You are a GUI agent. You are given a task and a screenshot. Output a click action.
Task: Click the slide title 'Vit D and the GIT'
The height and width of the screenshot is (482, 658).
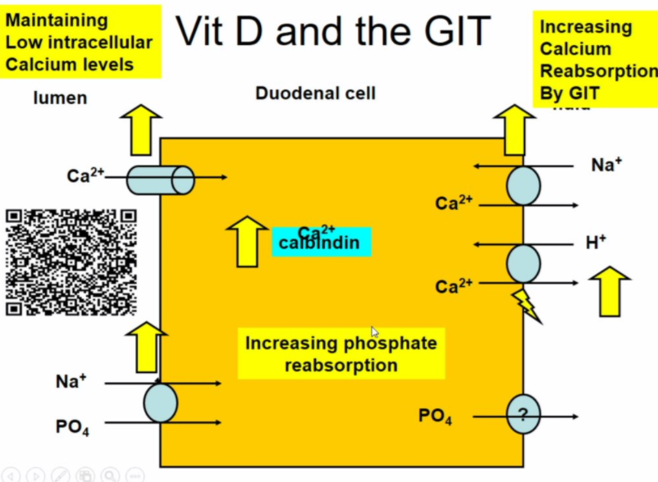click(332, 31)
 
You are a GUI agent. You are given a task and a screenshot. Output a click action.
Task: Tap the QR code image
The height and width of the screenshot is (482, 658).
click(71, 262)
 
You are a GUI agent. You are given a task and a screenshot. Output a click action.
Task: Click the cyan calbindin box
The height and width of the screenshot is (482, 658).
click(322, 242)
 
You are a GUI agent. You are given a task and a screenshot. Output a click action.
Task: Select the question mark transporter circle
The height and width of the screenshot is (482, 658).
click(523, 415)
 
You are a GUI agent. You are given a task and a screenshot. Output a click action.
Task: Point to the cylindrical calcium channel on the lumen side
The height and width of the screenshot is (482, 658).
click(161, 180)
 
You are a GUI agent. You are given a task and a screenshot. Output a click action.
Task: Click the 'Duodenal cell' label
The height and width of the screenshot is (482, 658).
click(315, 93)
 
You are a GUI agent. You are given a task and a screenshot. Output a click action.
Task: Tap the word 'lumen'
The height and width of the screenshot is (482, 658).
click(60, 98)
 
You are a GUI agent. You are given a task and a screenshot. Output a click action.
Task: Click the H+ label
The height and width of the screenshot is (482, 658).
click(596, 242)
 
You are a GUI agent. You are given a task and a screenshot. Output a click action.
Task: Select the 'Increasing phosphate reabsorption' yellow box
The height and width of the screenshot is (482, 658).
click(341, 353)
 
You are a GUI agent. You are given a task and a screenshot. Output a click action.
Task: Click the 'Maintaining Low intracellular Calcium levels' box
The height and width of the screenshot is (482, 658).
click(80, 42)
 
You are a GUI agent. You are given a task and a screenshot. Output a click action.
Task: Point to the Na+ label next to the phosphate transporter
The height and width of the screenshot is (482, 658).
click(72, 380)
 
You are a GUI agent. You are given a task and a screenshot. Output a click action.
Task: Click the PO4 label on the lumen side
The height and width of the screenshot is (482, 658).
click(72, 427)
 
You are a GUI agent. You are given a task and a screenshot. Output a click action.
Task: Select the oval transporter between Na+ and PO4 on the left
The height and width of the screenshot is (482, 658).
click(161, 402)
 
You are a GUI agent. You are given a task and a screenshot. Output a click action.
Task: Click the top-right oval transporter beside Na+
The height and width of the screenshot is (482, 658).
click(523, 185)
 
